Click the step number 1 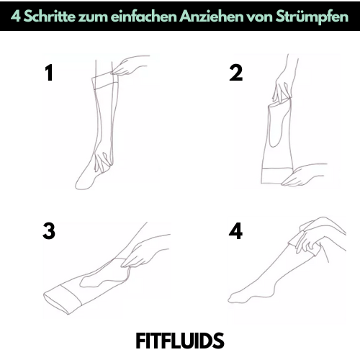[x=49, y=73]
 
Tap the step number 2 [x=235, y=73]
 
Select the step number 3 [x=49, y=231]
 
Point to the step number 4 [x=235, y=231]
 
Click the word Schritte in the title [x=49, y=17]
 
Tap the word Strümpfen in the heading [x=312, y=17]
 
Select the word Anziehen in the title [x=212, y=17]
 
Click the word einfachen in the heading [x=144, y=17]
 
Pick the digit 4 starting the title [x=15, y=17]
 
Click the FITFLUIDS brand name [x=180, y=341]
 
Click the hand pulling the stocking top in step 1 [x=130, y=66]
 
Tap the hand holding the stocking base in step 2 [x=303, y=175]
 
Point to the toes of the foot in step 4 [x=233, y=298]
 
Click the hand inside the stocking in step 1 [x=103, y=161]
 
